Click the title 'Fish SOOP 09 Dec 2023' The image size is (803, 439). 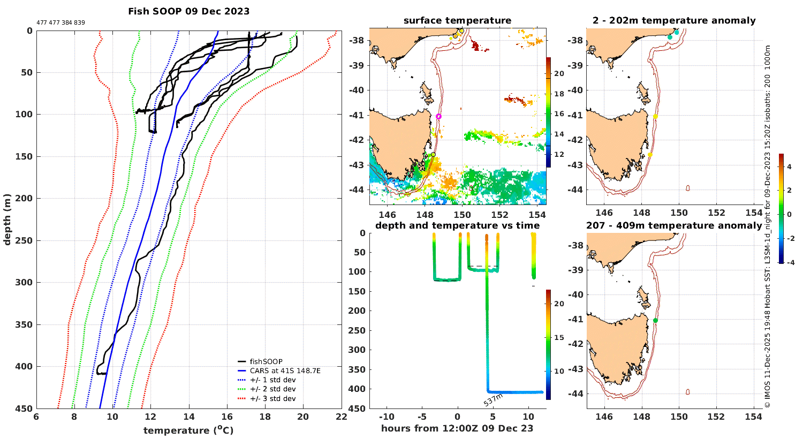pyautogui.click(x=188, y=11)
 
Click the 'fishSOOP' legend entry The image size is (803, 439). pyautogui.click(x=266, y=362)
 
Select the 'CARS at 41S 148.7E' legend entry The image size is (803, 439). pyautogui.click(x=285, y=371)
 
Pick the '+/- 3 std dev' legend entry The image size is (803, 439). pyautogui.click(x=272, y=399)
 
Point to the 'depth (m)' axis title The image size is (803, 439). pyautogui.click(x=7, y=219)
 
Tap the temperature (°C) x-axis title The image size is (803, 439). pyautogui.click(x=188, y=430)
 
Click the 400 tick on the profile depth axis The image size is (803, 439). pyautogui.click(x=24, y=367)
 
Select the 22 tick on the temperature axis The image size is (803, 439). pyautogui.click(x=341, y=417)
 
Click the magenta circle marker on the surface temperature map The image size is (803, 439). pyautogui.click(x=439, y=116)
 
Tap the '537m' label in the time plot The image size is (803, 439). pyautogui.click(x=493, y=399)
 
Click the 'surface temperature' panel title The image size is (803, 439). pyautogui.click(x=457, y=21)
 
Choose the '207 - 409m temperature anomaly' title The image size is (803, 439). pyautogui.click(x=674, y=225)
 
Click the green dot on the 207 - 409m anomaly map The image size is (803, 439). pyautogui.click(x=655, y=321)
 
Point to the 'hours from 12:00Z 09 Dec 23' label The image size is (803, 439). pyautogui.click(x=457, y=428)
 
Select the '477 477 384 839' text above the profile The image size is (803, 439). pyautogui.click(x=60, y=23)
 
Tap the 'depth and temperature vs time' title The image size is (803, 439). pyautogui.click(x=457, y=225)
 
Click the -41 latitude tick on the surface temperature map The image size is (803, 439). pyautogui.click(x=357, y=115)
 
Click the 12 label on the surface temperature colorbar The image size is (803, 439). pyautogui.click(x=559, y=155)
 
